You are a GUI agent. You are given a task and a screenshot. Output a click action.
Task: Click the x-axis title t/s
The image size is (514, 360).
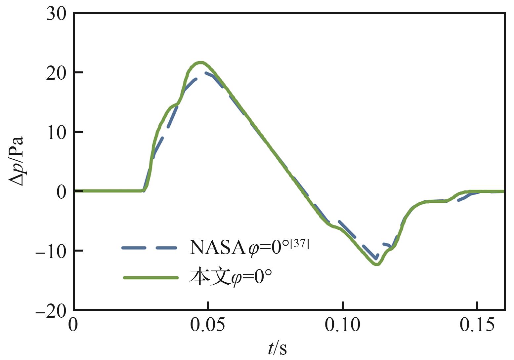[x=277, y=348]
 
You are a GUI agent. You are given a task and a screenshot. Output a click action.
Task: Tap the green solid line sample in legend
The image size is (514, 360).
[x=150, y=278]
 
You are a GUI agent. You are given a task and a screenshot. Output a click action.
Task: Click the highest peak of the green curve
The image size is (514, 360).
[x=200, y=62]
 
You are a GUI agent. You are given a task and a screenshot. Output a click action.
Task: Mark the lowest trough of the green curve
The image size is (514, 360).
[x=377, y=264]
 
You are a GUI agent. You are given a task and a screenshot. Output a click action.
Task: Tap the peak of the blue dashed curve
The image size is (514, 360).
[x=206, y=73]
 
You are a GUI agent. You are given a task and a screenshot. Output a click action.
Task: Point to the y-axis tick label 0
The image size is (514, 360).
[x=61, y=192]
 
